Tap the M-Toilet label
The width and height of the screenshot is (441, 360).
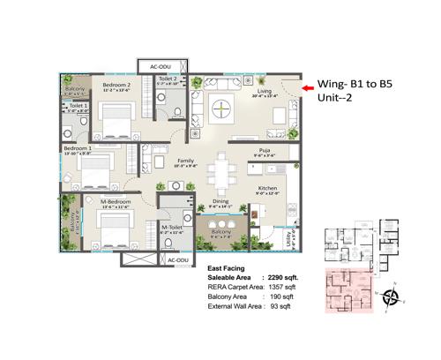point(171,227)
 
